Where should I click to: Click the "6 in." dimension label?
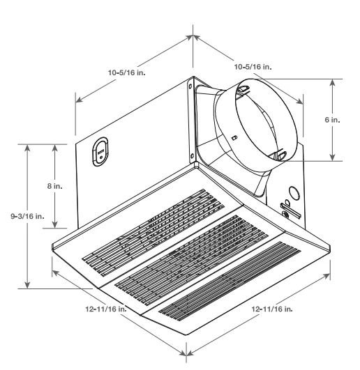(x=333, y=119)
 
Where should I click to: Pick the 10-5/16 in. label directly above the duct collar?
(x=253, y=67)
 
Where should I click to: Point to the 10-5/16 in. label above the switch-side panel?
(x=126, y=71)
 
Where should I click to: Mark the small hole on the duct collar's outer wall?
(x=234, y=137)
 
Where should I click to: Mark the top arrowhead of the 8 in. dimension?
(x=55, y=147)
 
